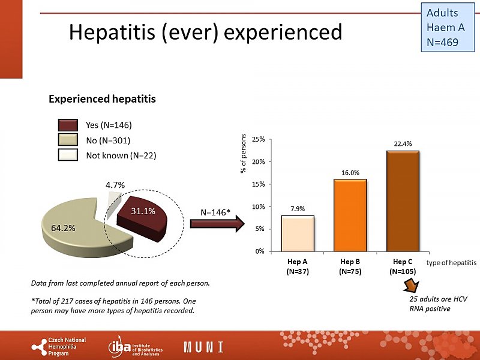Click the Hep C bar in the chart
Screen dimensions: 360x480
pos(403,200)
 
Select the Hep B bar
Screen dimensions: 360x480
pos(350,215)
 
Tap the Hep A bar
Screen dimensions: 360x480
pos(297,233)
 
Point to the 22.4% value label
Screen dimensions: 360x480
pos(403,143)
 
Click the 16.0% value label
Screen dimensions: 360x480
pos(350,172)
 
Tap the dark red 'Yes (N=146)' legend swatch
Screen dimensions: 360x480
pos(68,125)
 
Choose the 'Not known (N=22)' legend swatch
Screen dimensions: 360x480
pos(68,155)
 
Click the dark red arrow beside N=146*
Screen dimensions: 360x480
pos(216,224)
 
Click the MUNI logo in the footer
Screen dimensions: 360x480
pos(203,347)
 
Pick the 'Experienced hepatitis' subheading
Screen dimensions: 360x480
pos(102,99)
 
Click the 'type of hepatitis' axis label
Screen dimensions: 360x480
pos(452,263)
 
